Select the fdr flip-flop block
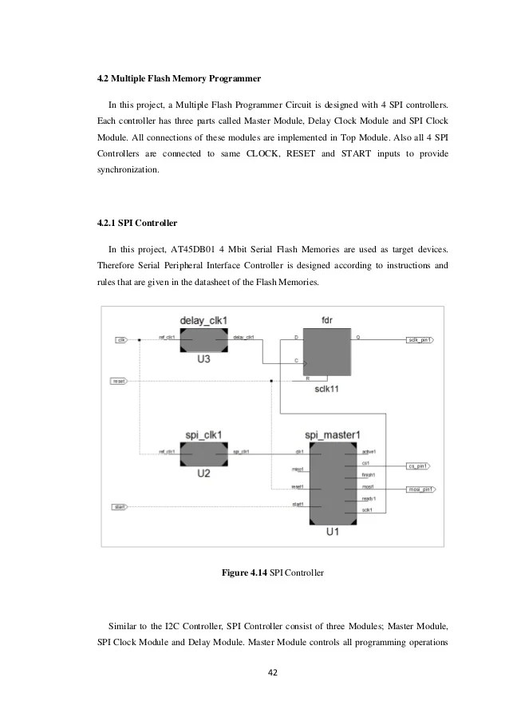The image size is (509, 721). [x=326, y=352]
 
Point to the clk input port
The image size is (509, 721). [x=121, y=339]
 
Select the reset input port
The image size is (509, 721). [x=119, y=382]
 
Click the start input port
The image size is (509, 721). [x=120, y=506]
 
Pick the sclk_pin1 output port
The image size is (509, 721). [x=420, y=339]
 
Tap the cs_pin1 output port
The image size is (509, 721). [x=418, y=465]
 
